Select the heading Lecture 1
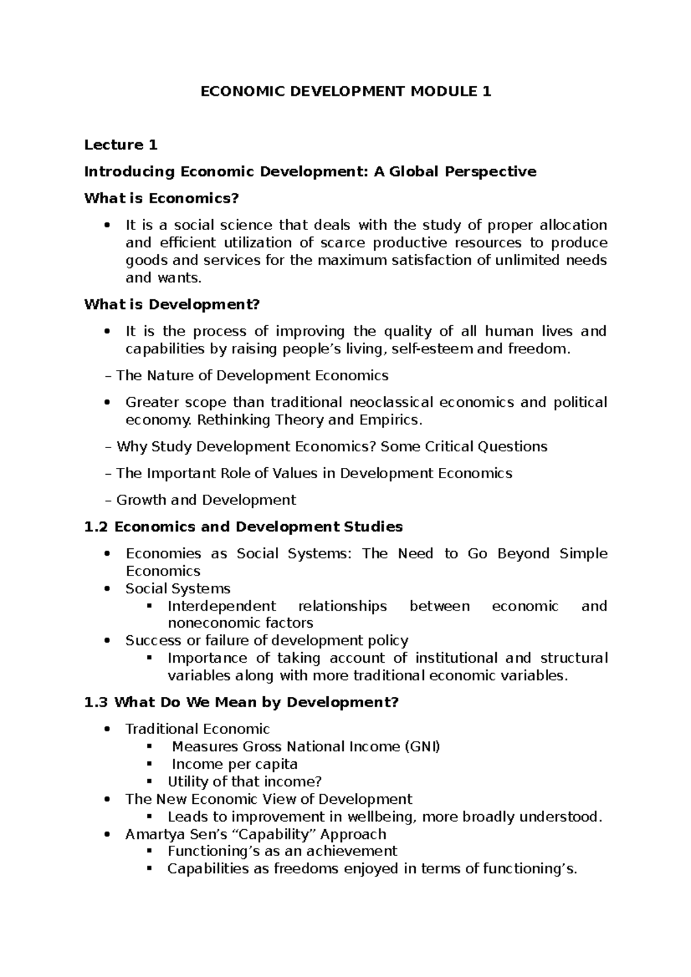pos(121,145)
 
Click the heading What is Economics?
pos(161,199)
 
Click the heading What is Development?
pos(172,304)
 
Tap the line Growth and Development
pos(206,500)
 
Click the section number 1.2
pos(96,527)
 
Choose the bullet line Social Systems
pos(178,589)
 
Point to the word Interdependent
pos(222,606)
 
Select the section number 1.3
pos(96,703)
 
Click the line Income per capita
pos(234,764)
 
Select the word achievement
pos(351,852)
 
